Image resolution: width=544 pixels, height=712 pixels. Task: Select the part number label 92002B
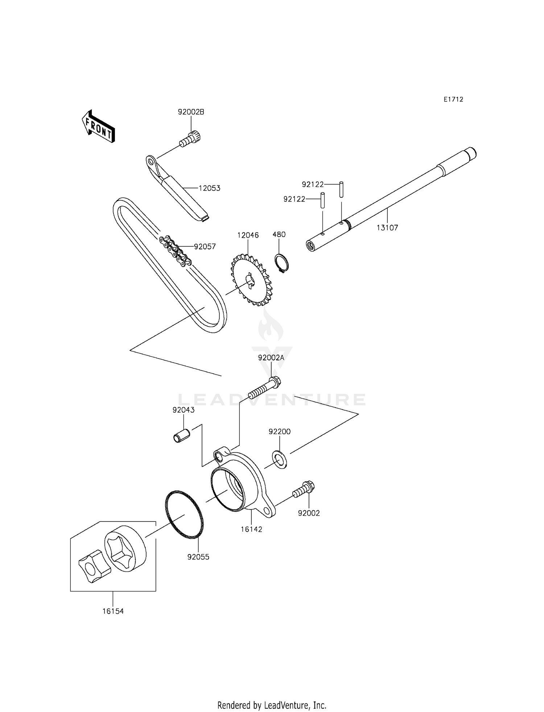click(191, 112)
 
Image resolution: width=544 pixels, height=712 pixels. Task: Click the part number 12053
click(209, 188)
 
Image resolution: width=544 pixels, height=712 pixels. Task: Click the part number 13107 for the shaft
click(387, 228)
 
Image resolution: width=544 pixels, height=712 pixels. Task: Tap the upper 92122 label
click(313, 185)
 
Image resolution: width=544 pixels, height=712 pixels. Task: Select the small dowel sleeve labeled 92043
click(181, 435)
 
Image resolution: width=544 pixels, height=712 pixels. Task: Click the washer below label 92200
click(279, 459)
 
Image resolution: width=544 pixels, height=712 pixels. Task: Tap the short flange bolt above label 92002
click(304, 489)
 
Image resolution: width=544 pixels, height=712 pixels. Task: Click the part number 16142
click(251, 529)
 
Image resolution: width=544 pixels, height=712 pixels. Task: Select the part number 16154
click(113, 611)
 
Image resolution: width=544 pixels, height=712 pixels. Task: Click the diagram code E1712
click(453, 99)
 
